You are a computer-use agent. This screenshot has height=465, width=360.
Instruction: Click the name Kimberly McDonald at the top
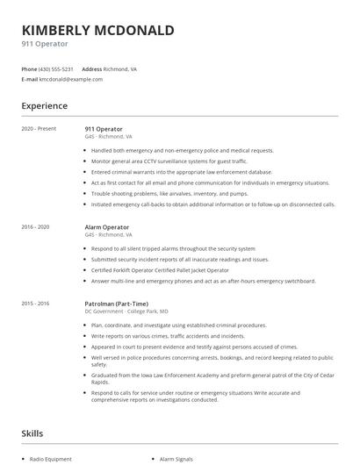coord(97,30)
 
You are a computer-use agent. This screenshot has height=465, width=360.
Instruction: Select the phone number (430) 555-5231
coord(57,68)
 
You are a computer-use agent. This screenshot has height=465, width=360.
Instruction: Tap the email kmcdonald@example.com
coord(71,79)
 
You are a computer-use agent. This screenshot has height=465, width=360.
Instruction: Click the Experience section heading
coord(44,106)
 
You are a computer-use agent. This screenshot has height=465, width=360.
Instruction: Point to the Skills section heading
coord(32,433)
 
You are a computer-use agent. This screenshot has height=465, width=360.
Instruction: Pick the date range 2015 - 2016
coord(35,303)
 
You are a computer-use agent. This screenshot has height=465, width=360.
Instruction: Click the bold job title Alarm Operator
coord(107,227)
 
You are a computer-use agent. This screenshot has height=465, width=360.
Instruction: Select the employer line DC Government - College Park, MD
coord(126,311)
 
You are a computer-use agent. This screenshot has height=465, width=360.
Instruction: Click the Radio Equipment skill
coord(51,459)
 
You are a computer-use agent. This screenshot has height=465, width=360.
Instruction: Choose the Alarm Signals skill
coord(177,459)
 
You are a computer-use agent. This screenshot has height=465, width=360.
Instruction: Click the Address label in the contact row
coord(92,68)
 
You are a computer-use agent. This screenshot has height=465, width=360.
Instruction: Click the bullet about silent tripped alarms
coord(172,248)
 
